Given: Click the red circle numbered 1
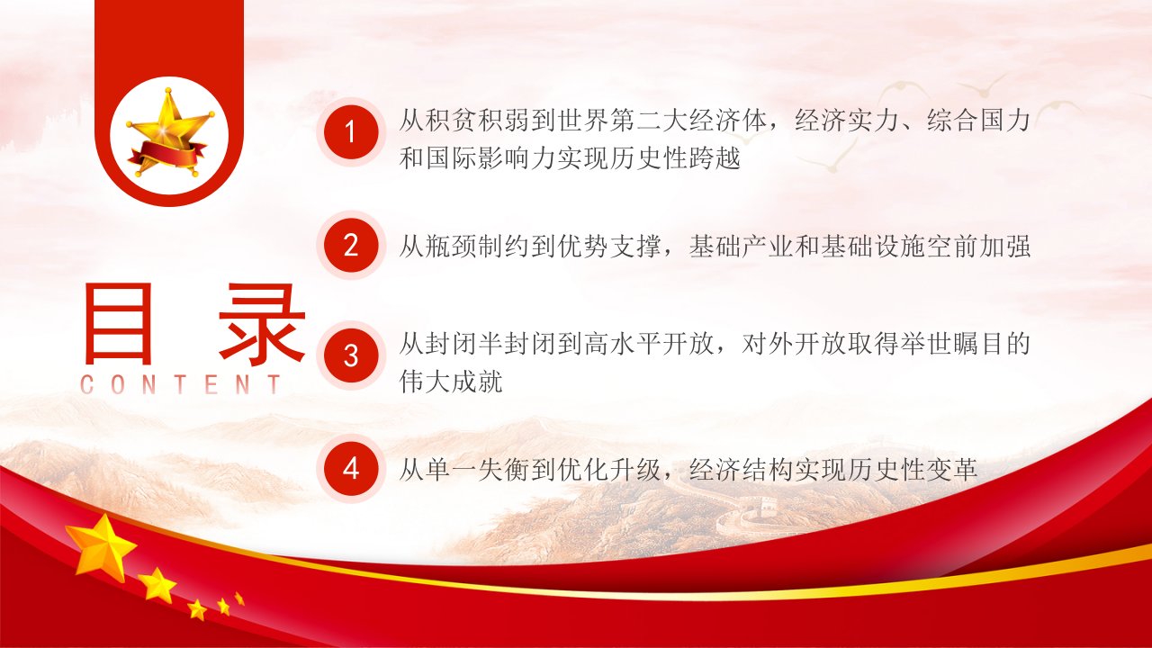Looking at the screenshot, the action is point(351,132).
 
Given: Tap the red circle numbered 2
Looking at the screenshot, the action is point(351,246).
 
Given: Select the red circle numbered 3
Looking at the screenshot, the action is point(351,355).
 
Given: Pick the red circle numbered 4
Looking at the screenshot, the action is point(351,469).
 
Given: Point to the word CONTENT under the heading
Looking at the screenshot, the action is point(181,384).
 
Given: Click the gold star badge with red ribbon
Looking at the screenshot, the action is point(169,135).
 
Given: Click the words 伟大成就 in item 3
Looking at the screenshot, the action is point(451,381).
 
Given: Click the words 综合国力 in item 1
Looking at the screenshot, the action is point(978,120).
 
